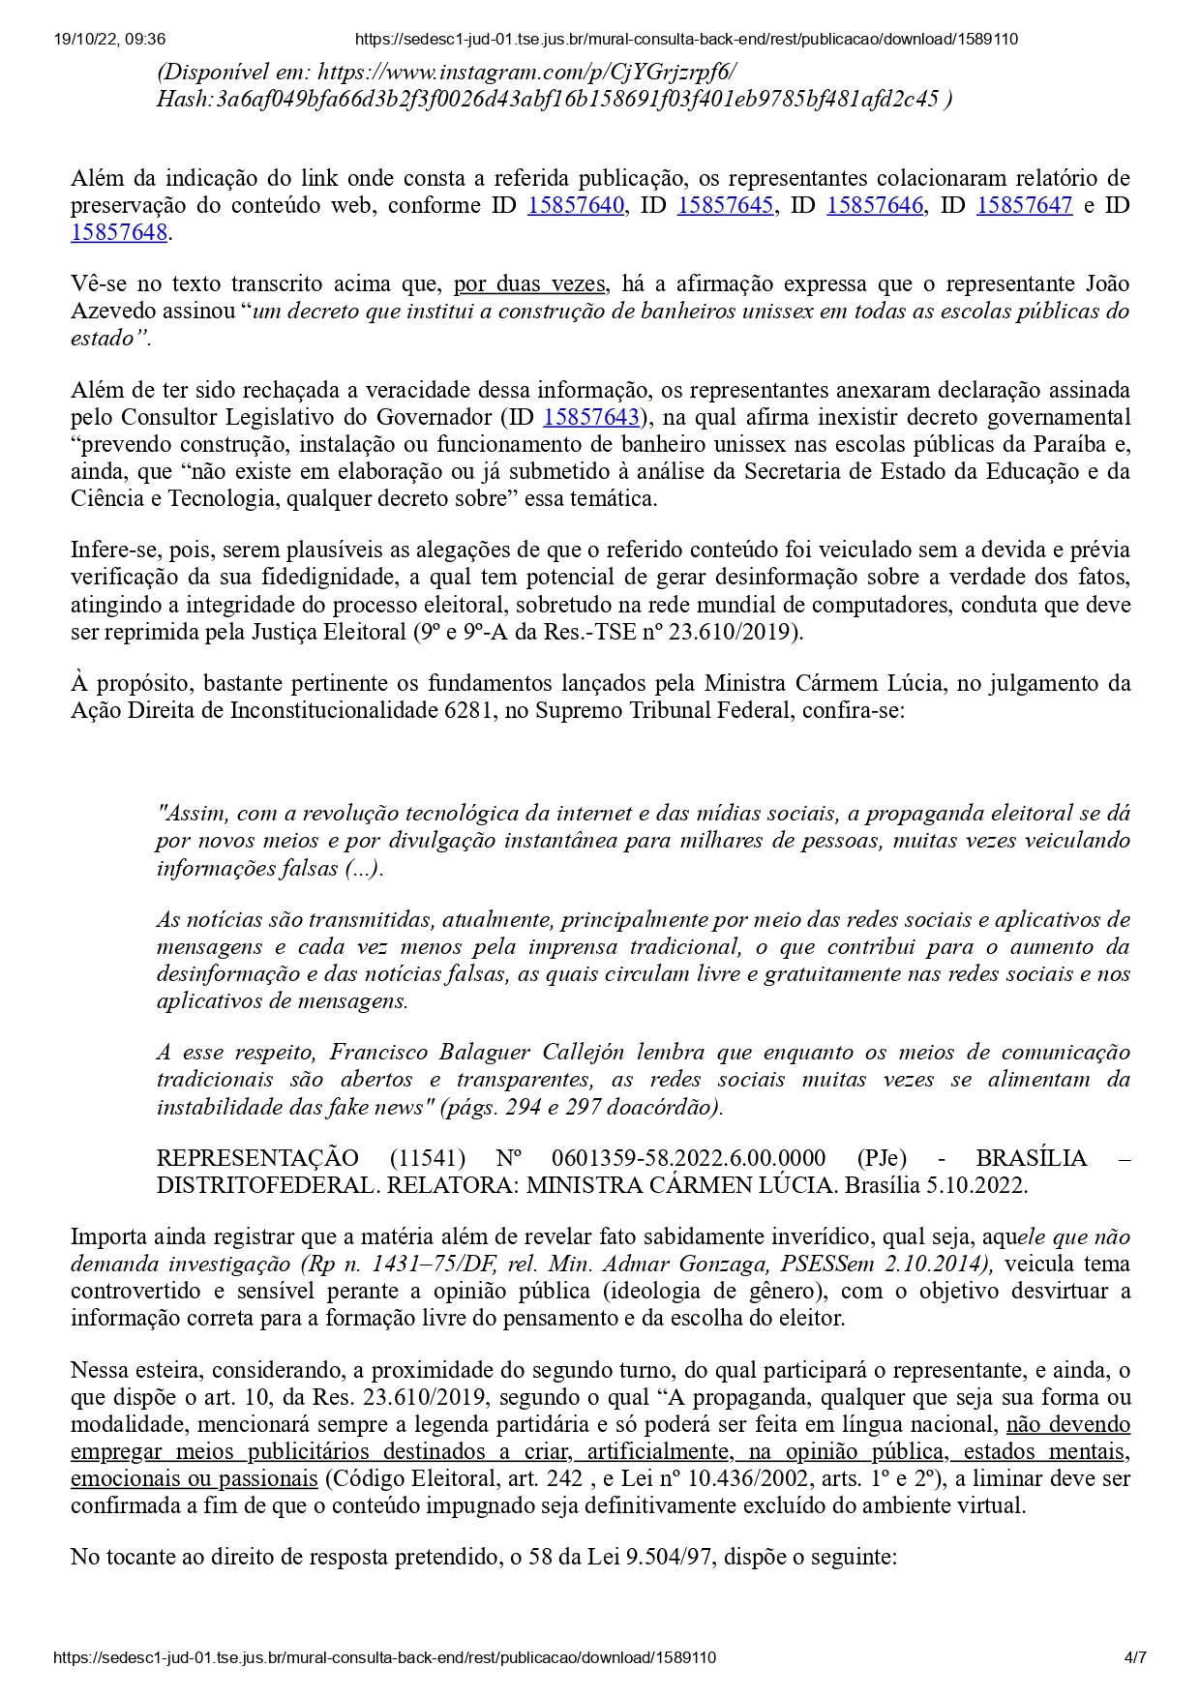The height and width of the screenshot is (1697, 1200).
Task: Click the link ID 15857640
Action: point(576,205)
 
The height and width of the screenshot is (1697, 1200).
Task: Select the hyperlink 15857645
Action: point(725,205)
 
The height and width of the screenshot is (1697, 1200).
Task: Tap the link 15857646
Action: point(875,205)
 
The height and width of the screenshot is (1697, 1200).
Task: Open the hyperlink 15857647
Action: point(1025,205)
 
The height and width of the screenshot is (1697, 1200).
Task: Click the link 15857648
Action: point(119,232)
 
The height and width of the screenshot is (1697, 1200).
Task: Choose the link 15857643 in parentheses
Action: point(592,417)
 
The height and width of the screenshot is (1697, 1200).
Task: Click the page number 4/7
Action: point(1135,1657)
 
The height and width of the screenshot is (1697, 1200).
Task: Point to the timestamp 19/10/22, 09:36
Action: point(109,40)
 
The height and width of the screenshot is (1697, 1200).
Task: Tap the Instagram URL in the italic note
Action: point(526,72)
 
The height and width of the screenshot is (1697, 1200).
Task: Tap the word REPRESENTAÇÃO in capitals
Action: point(257,1158)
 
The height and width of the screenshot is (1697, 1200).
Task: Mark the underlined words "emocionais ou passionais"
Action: point(195,1478)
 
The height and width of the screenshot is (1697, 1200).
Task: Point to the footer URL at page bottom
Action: point(385,1657)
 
